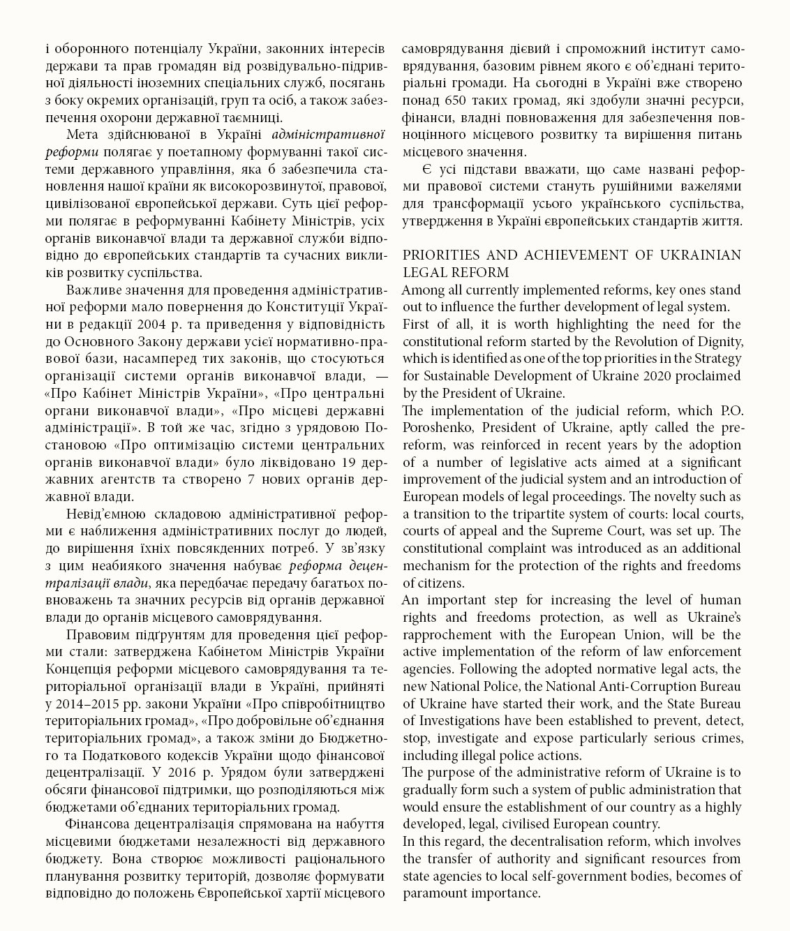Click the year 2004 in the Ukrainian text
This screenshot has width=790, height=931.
[x=152, y=325]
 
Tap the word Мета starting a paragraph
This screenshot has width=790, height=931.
[x=82, y=135]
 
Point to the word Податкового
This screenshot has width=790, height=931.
[x=141, y=756]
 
